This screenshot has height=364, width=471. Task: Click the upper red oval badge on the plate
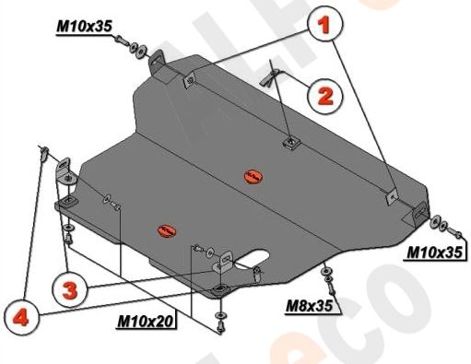pos(251,174)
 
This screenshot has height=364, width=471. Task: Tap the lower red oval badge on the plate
pos(167,229)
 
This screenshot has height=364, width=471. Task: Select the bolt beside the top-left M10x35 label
pos(138,47)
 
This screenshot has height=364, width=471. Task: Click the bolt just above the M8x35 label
pos(326,273)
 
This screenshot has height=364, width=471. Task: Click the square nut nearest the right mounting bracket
pos(391,196)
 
